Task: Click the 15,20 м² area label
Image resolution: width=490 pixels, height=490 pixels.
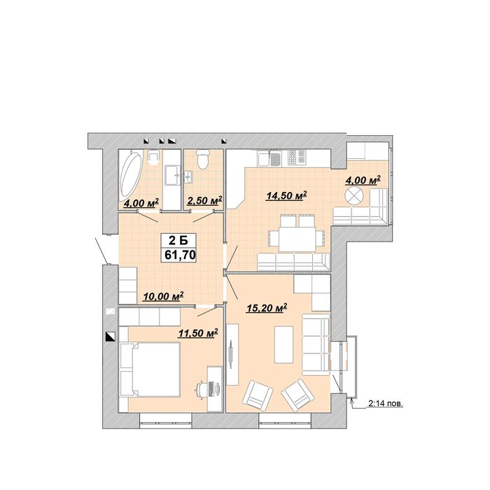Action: [x=267, y=309]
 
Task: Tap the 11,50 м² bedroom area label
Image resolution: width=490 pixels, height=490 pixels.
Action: [x=198, y=333]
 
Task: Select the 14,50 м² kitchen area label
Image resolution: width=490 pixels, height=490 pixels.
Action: [x=286, y=196]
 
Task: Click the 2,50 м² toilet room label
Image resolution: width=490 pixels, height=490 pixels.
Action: [x=204, y=201]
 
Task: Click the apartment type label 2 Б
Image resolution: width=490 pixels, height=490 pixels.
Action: [x=178, y=241]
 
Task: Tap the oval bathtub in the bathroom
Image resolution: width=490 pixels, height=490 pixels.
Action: [x=131, y=177]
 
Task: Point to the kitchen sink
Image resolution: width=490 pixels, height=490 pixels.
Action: [x=276, y=158]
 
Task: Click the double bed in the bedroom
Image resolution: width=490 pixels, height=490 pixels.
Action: [x=150, y=370]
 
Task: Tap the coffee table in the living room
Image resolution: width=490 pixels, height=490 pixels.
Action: [x=283, y=344]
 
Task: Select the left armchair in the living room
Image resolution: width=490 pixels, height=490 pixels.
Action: [x=258, y=395]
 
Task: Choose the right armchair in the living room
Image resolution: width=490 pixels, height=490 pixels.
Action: [x=297, y=395]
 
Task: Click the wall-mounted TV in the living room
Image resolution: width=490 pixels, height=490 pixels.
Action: [x=231, y=354]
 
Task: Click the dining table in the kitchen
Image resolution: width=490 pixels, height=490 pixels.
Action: [x=297, y=239]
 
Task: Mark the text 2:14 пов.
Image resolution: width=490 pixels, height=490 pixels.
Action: [x=386, y=404]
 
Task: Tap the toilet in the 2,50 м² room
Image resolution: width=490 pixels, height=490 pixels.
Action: [x=203, y=159]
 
